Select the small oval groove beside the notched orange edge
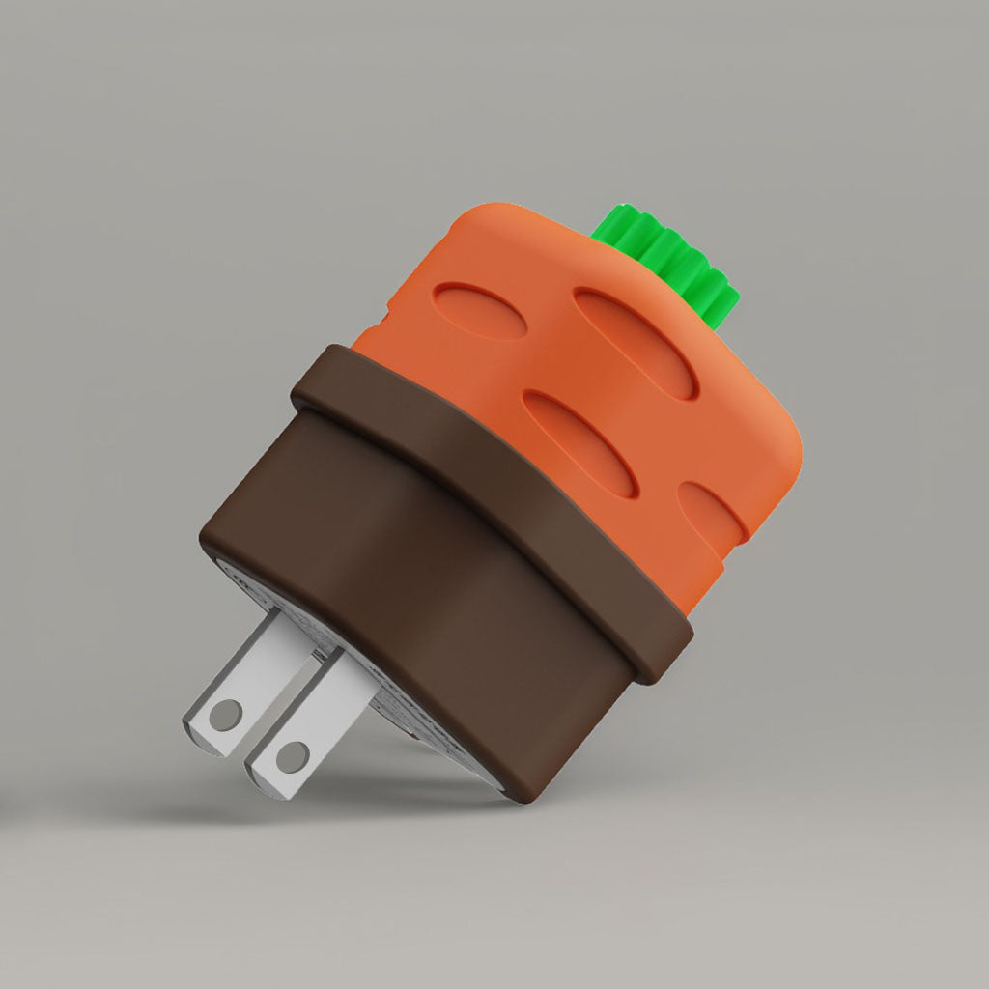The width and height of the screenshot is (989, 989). (x=480, y=310)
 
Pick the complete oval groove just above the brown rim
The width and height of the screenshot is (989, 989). (x=579, y=443)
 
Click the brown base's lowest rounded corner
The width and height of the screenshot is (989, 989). (x=526, y=787)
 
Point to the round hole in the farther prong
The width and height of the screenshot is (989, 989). (x=226, y=715)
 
